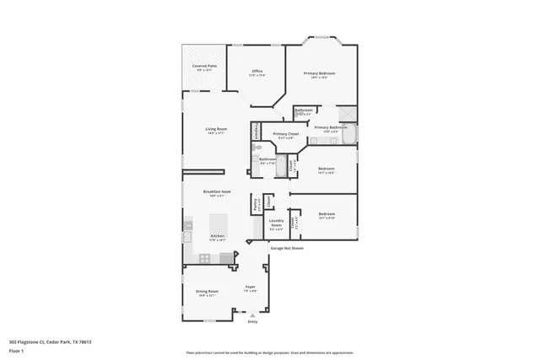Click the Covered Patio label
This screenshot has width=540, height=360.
(204, 66)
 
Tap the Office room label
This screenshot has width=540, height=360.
(256, 72)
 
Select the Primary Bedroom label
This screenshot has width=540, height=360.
(319, 74)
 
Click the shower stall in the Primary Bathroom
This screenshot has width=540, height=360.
(347, 115)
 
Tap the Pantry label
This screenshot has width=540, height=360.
(255, 204)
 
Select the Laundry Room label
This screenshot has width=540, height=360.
(276, 225)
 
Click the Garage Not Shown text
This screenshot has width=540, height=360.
(286, 249)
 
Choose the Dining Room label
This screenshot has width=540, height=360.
(207, 293)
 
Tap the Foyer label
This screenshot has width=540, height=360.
(251, 289)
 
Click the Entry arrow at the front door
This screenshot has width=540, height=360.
(251, 315)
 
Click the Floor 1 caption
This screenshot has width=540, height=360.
(17, 351)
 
